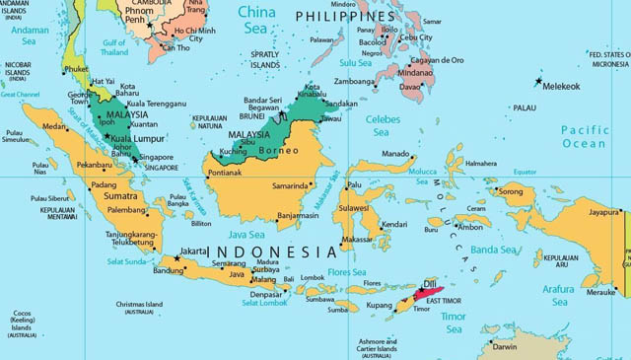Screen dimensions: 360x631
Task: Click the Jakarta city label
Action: (x=192, y=251)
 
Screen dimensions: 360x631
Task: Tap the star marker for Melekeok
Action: (x=538, y=79)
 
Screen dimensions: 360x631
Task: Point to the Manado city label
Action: (x=395, y=154)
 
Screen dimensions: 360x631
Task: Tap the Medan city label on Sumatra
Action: (x=53, y=126)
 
